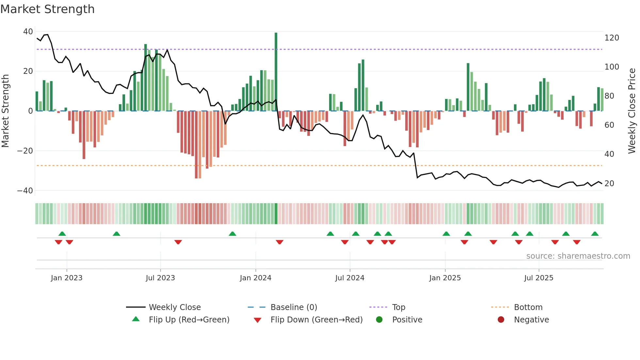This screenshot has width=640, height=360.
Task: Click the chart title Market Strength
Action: pyautogui.click(x=47, y=9)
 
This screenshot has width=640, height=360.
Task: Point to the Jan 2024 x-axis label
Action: pyautogui.click(x=255, y=278)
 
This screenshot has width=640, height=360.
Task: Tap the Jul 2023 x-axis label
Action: pyautogui.click(x=160, y=278)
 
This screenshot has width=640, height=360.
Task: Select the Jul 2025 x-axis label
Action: pyautogui.click(x=538, y=278)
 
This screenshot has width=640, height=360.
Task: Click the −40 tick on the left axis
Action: pyautogui.click(x=25, y=190)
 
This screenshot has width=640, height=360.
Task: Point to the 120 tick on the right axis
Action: pyautogui.click(x=612, y=38)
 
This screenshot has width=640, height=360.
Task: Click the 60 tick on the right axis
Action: pyautogui.click(x=609, y=125)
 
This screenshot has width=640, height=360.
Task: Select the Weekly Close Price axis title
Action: pyautogui.click(x=632, y=111)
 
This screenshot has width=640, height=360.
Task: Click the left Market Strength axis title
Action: pyautogui.click(x=5, y=111)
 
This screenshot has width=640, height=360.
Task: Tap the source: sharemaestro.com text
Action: pyautogui.click(x=578, y=256)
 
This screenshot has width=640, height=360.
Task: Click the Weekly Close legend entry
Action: pyautogui.click(x=174, y=307)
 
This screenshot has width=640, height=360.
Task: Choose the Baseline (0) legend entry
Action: pyautogui.click(x=294, y=307)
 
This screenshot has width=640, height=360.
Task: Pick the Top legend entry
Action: pyautogui.click(x=398, y=307)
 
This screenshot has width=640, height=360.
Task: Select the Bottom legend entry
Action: pyautogui.click(x=528, y=307)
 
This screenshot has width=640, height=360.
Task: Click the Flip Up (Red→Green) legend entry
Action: pyautogui.click(x=189, y=320)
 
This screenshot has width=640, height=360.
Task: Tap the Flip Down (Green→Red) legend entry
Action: pyautogui.click(x=316, y=320)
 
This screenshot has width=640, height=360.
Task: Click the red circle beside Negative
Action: pyautogui.click(x=501, y=320)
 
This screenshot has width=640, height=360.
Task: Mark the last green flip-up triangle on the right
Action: pyautogui.click(x=595, y=234)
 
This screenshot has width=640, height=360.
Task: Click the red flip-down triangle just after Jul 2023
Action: pyautogui.click(x=178, y=242)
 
